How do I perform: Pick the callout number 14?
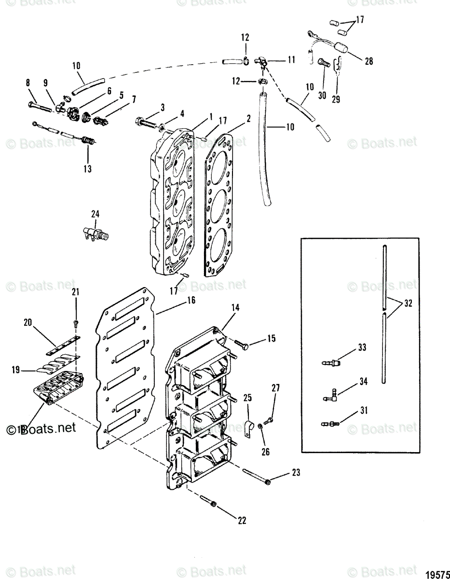pyautogui.click(x=235, y=307)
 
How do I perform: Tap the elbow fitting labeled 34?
pyautogui.click(x=330, y=397)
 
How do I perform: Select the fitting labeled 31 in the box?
pyautogui.click(x=330, y=424)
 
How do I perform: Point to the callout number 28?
pyautogui.click(x=368, y=61)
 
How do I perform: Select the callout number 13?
pyautogui.click(x=88, y=169)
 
